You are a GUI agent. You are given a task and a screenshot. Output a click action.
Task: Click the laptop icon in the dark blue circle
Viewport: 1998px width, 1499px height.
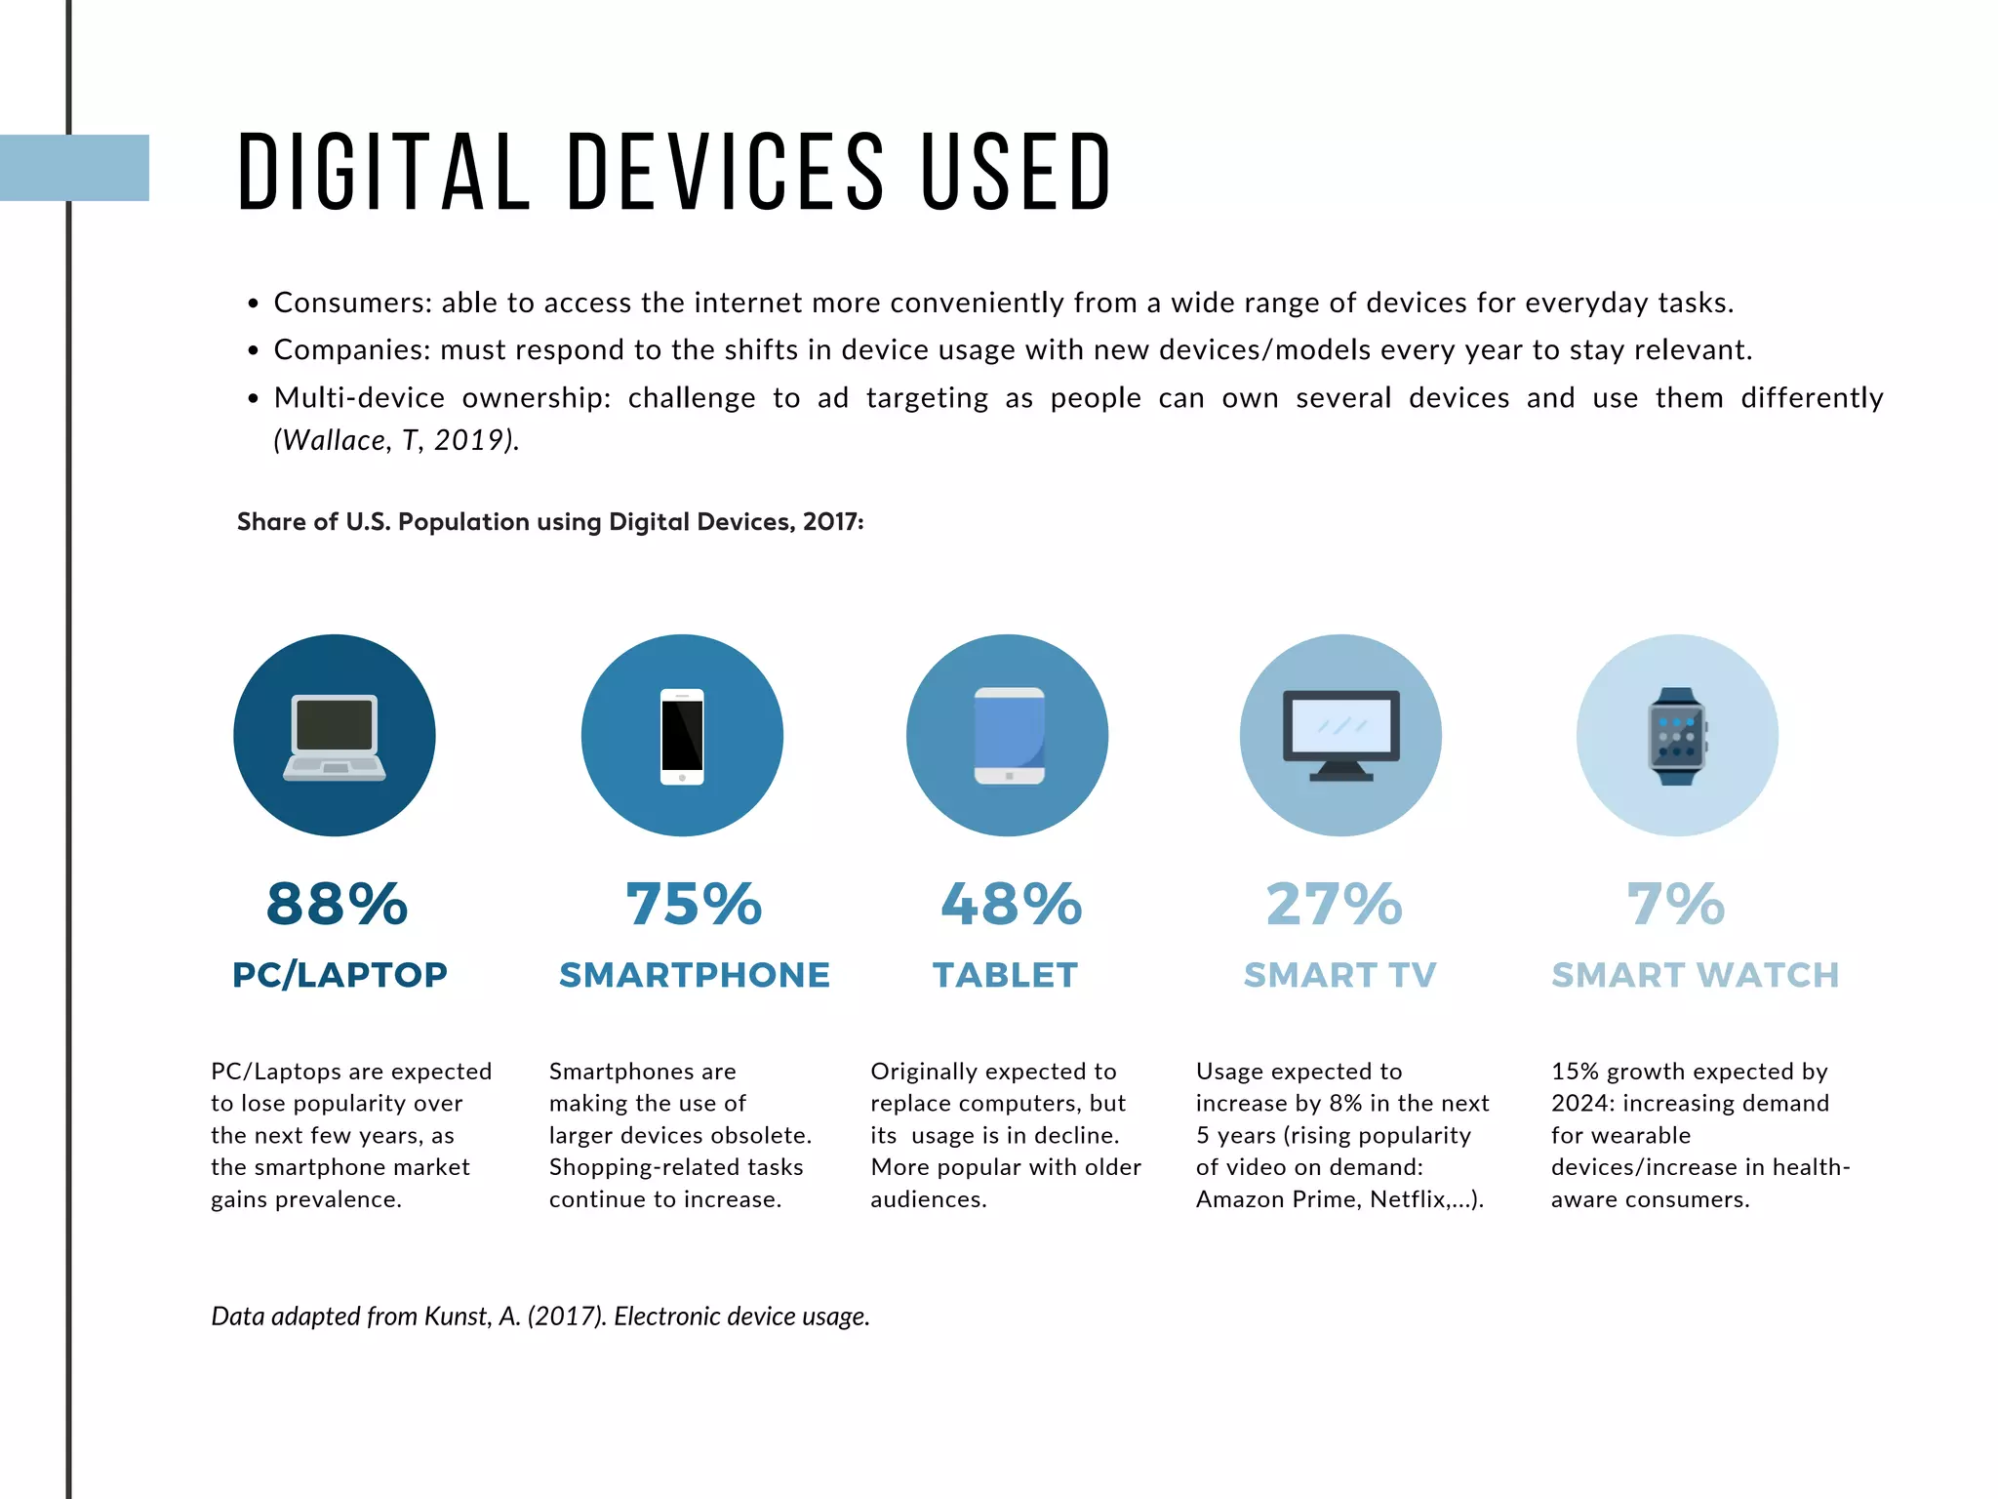[x=335, y=737]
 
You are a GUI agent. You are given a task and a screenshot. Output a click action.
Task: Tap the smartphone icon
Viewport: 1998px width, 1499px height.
[x=682, y=736]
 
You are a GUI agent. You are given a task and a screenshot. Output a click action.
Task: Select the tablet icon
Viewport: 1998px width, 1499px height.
[x=1009, y=736]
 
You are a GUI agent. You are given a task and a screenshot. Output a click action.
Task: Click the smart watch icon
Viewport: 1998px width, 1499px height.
[x=1677, y=736]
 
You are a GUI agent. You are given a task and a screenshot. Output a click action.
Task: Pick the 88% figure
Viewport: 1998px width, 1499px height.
[x=337, y=904]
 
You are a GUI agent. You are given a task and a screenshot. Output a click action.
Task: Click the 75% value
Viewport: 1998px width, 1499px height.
[x=694, y=904]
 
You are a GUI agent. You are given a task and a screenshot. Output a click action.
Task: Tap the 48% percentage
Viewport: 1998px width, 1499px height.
[x=1011, y=904]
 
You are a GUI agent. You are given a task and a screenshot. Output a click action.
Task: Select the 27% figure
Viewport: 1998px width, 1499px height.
[x=1334, y=904]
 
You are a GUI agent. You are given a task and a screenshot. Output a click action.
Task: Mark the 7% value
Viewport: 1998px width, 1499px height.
[x=1676, y=904]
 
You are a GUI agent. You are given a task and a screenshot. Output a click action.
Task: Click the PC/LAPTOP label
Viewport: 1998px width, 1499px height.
[x=340, y=975]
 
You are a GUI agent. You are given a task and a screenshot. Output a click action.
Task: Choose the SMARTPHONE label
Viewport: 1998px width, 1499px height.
[x=694, y=975]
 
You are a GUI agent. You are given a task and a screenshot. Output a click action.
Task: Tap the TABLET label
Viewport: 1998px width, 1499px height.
[x=1005, y=975]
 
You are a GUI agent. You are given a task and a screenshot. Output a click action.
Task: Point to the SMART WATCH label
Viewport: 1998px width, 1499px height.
[x=1695, y=975]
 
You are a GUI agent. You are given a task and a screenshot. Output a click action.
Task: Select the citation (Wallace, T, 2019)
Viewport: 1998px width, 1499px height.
[x=396, y=440]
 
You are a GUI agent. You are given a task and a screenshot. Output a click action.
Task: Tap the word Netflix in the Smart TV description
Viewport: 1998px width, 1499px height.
[x=1408, y=1199]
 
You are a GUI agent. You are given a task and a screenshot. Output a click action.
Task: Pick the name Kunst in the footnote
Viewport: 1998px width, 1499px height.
[x=455, y=1317]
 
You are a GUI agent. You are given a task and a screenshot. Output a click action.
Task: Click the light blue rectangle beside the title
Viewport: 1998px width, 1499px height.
[x=75, y=168]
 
